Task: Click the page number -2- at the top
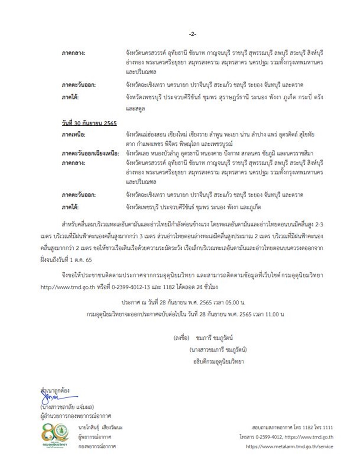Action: pos(193,34)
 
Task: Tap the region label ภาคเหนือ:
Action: pos(73,134)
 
